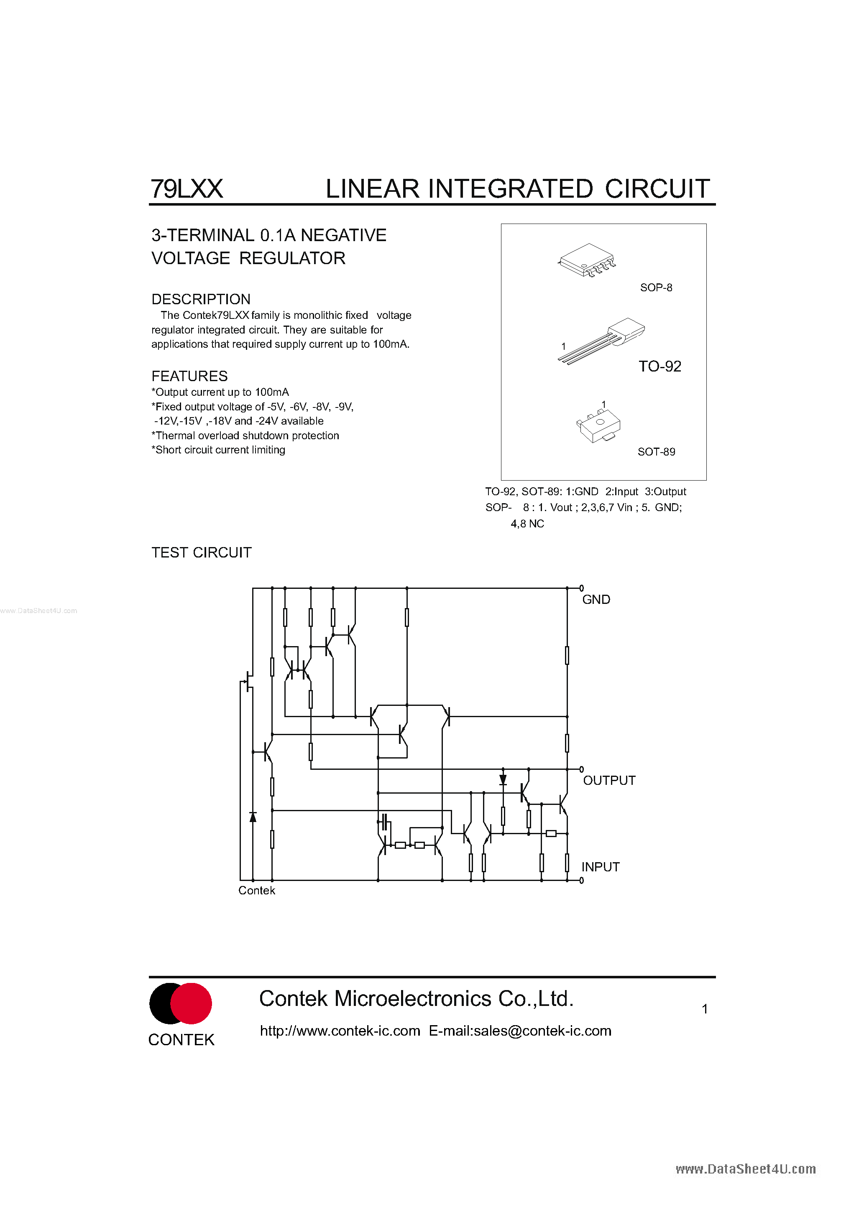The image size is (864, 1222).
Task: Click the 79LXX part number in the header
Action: (x=187, y=189)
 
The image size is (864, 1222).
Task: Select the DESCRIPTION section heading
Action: (x=201, y=299)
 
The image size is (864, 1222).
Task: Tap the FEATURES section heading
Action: (x=189, y=376)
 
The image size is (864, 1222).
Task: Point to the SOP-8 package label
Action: (x=656, y=288)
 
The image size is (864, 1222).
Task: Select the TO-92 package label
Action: (x=660, y=366)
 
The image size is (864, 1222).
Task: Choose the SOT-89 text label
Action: (x=656, y=452)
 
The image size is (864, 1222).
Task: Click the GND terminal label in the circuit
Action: (x=596, y=600)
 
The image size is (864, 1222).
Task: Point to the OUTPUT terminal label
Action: (x=609, y=781)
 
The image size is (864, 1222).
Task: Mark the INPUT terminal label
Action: (x=601, y=867)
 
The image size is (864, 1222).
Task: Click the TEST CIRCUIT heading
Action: (x=201, y=552)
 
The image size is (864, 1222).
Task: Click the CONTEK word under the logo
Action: (x=181, y=1040)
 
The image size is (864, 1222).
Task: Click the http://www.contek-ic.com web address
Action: (x=340, y=1031)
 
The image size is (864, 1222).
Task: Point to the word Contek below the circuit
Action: (x=257, y=891)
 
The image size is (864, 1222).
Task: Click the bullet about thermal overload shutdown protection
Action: (x=245, y=435)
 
